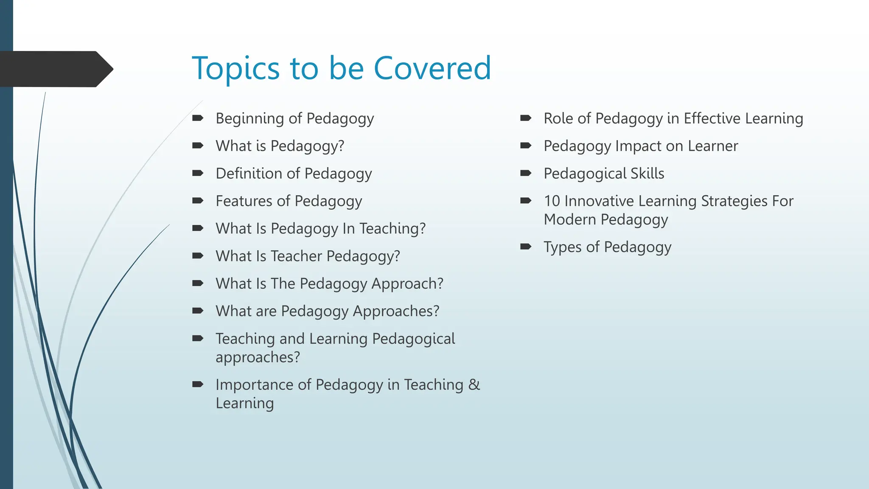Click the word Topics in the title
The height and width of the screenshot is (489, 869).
point(236,69)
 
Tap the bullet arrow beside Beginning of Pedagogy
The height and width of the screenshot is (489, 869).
point(198,118)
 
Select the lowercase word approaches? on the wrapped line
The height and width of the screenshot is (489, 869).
point(258,357)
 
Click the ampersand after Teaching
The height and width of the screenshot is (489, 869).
point(474,385)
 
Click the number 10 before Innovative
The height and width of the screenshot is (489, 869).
point(552,201)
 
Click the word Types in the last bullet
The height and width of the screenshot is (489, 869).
point(563,247)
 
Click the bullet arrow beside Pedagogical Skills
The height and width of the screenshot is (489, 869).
point(526,173)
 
